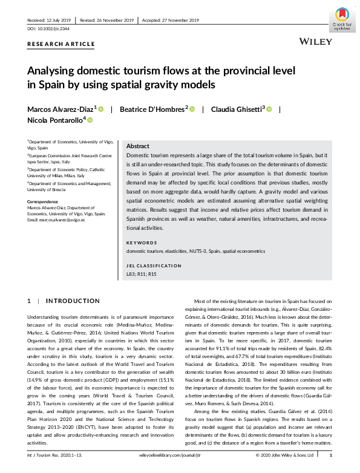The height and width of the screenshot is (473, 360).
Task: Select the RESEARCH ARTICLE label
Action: pos(61,44)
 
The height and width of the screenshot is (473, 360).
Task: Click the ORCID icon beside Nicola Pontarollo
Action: pos(90,120)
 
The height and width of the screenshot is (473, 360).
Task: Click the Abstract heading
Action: pos(137,146)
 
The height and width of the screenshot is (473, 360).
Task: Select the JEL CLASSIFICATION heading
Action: pos(154,266)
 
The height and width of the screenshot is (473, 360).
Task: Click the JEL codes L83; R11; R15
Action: pos(141,273)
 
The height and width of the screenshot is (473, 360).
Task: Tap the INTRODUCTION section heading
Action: pos(73,301)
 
